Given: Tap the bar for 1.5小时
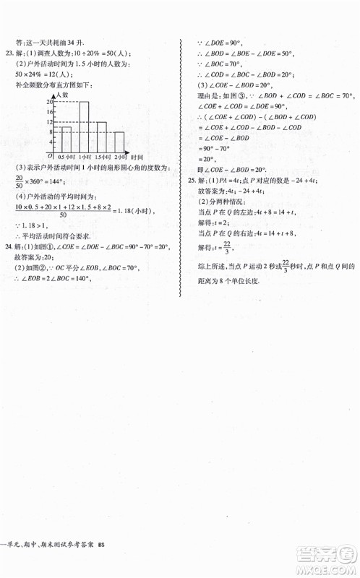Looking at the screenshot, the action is click(100, 137).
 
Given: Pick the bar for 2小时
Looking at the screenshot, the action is click(118, 142).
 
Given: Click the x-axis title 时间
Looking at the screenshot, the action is click(139, 157).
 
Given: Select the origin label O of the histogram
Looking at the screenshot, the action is click(50, 155).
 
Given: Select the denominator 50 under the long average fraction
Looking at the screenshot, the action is click(64, 215).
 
